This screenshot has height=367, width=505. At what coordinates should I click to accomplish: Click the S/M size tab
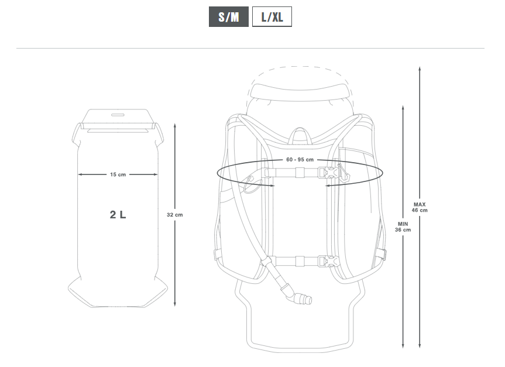click(x=229, y=17)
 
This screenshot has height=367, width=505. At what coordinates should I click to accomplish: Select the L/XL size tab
click(x=272, y=17)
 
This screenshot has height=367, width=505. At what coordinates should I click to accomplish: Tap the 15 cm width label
click(x=118, y=174)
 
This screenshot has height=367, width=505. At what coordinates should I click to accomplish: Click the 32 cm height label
click(x=175, y=215)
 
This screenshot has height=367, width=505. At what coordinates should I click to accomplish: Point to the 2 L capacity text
click(x=118, y=215)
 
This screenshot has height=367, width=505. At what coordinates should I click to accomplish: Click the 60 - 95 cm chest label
click(x=300, y=160)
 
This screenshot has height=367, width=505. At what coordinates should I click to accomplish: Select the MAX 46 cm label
click(x=420, y=208)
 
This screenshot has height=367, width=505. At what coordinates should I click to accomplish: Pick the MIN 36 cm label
click(x=403, y=227)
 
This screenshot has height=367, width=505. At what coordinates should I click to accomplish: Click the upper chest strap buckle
click(x=328, y=173)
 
